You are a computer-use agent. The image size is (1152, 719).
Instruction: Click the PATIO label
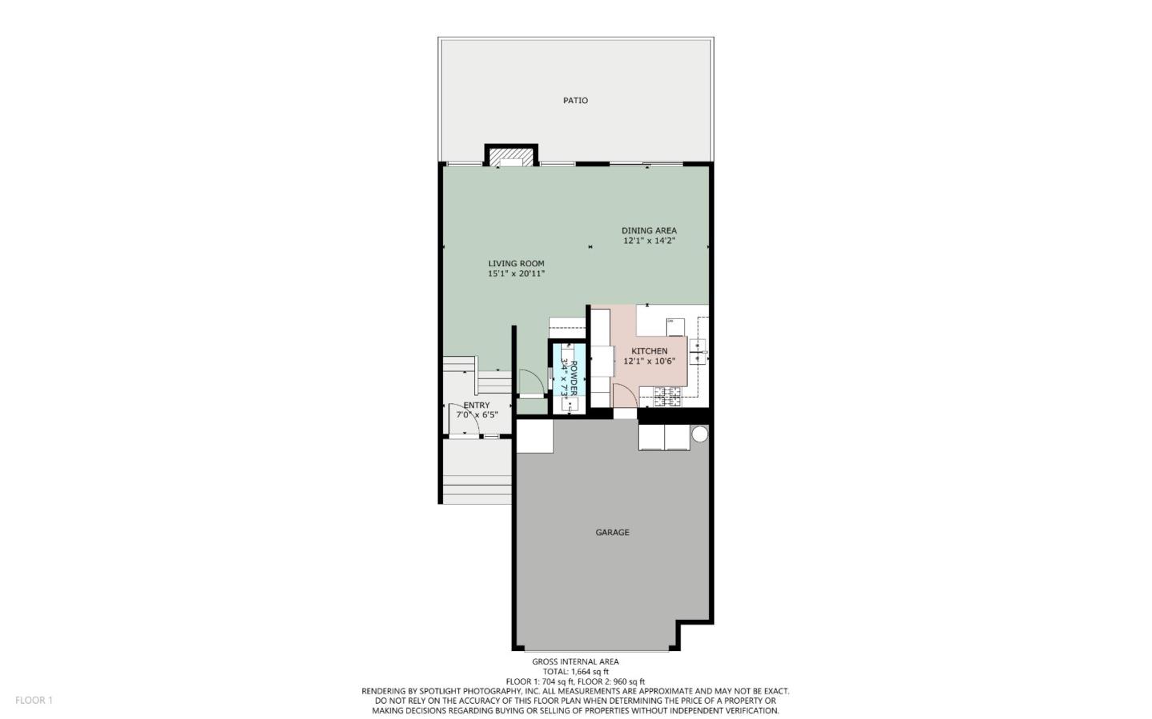click(575, 101)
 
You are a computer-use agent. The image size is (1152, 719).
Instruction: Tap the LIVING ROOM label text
click(516, 263)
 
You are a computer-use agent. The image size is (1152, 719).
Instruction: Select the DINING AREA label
click(649, 230)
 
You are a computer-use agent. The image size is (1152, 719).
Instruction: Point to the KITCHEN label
click(649, 351)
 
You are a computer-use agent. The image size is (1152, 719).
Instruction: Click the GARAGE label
click(612, 533)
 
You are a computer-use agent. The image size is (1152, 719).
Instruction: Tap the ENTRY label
click(476, 405)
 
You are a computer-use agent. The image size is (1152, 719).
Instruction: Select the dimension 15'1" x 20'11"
click(516, 274)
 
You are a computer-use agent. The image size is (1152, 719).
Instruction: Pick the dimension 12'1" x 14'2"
click(649, 241)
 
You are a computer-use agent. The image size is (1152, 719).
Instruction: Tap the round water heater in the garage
click(699, 434)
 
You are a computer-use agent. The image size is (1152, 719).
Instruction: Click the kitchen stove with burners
click(667, 393)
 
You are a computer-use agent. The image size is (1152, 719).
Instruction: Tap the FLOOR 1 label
click(34, 701)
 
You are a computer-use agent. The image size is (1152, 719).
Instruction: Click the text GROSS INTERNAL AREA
click(575, 661)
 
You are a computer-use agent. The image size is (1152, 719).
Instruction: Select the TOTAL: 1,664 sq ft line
click(575, 672)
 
